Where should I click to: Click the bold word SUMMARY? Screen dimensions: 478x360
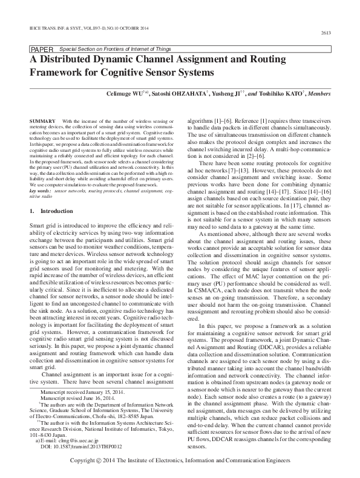click(x=42, y=122)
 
